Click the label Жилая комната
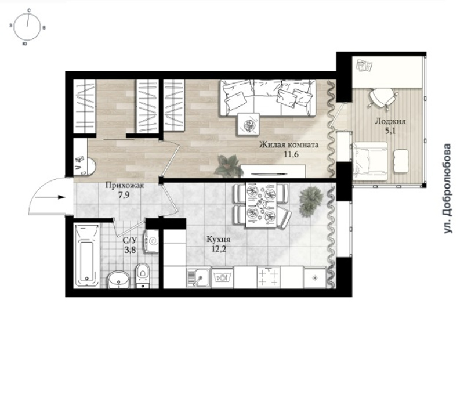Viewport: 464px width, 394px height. pos(289,144)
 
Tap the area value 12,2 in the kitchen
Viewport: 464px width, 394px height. pos(219,249)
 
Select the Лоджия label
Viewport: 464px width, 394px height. pos(390,121)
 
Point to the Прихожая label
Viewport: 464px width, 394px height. pos(125,186)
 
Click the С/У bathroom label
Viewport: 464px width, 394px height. pos(130,241)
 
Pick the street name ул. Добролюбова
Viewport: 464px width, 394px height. pos(448,189)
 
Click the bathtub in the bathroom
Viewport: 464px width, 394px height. pos(86,256)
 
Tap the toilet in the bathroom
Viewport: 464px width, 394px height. pos(143,275)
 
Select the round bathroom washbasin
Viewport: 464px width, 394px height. pos(118,279)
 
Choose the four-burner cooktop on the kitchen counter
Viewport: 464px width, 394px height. pos(269,278)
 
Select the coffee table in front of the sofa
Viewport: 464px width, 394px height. pos(249,124)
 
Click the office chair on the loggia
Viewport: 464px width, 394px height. pos(382,98)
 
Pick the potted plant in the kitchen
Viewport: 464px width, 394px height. pos(311,201)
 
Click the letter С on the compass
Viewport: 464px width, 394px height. pos(28,10)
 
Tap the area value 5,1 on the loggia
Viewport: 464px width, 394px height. pos(390,131)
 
